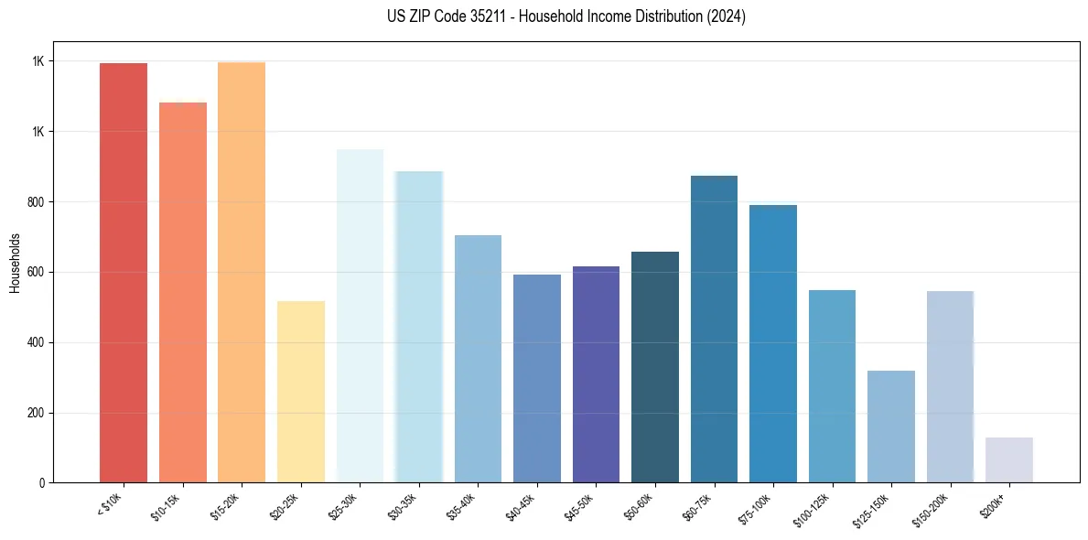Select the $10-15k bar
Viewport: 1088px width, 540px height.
(183, 293)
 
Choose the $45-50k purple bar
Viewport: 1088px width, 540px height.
(596, 374)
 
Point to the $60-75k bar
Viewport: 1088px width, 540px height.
(714, 329)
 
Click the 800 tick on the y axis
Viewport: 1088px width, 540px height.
(37, 202)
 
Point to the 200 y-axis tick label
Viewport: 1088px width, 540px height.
(37, 413)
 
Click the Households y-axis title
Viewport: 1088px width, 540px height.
(15, 263)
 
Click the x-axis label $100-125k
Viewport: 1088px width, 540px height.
(814, 508)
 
